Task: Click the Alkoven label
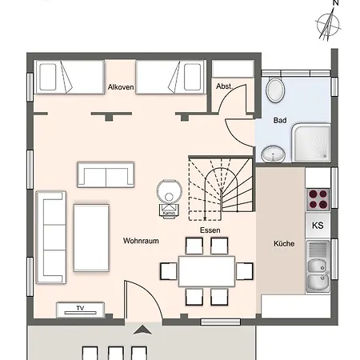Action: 121,87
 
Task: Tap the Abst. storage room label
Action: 224,86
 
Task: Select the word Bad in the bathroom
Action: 280,120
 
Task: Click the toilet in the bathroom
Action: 275,90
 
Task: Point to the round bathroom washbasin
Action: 274,154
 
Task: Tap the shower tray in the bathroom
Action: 311,142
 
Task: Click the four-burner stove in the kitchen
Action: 318,199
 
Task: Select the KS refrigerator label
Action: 318,226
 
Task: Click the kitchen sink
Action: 318,266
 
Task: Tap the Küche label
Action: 284,243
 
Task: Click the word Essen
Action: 210,230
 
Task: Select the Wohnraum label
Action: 141,241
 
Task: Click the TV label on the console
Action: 80,308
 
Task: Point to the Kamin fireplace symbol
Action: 169,198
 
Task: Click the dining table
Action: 206,271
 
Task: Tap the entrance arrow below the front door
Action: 142,330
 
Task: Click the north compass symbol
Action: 329,22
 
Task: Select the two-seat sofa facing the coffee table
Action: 106,174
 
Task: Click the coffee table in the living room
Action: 91,238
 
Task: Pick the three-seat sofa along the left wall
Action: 51,237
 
